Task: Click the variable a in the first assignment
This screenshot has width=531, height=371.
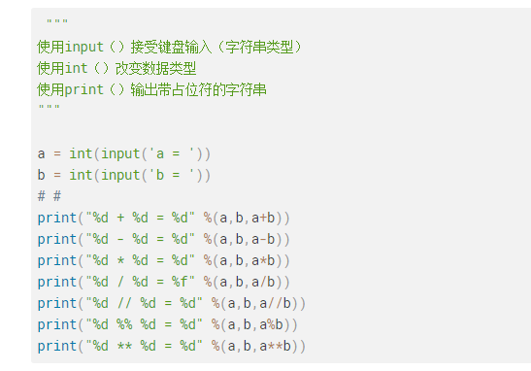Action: [42, 153]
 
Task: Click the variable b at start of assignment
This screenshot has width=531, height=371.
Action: [42, 175]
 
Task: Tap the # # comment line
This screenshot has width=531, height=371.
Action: [50, 196]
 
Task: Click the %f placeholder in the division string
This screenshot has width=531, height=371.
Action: [180, 282]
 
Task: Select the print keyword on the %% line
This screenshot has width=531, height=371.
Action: [57, 324]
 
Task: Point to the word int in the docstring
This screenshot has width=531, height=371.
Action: [77, 68]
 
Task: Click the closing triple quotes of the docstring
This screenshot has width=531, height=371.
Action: [49, 110]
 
